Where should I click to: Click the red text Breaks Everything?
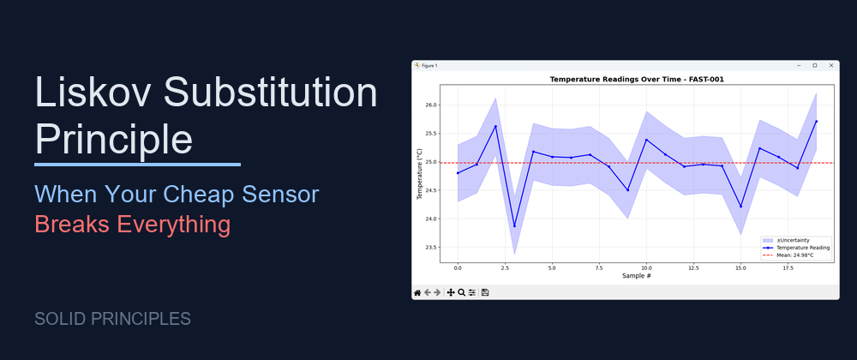[132, 225]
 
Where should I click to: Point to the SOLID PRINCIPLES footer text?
[112, 319]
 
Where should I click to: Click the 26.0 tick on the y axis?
[431, 105]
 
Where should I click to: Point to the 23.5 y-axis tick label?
[431, 248]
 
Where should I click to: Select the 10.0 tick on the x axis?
[646, 267]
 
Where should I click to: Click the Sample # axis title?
[637, 276]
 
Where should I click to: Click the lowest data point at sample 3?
[514, 226]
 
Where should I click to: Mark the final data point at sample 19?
[816, 121]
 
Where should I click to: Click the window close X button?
[830, 65]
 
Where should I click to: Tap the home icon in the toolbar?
[417, 292]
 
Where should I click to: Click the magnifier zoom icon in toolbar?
[461, 292]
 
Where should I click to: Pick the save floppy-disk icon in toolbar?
[485, 292]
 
